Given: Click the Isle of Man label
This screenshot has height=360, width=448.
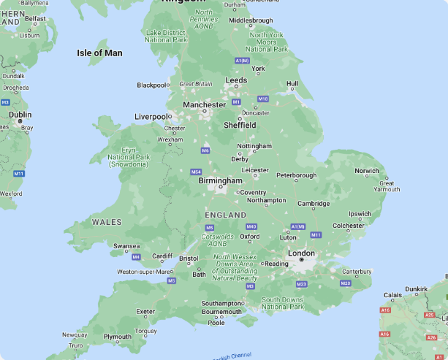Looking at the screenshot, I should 99,53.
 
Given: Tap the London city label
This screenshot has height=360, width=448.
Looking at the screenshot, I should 301,253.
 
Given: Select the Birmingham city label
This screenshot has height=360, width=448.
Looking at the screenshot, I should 220,180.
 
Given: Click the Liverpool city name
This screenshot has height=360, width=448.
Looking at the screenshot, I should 151,117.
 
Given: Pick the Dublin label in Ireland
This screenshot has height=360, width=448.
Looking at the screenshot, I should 20,115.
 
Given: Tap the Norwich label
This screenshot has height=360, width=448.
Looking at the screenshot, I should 367,171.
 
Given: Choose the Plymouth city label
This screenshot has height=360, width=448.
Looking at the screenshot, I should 117,337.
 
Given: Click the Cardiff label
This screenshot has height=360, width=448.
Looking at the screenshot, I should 162,256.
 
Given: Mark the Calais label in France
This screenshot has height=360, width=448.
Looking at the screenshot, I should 392,295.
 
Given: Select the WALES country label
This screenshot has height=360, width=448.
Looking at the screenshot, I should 107,221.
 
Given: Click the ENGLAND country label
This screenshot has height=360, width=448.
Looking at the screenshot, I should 226,215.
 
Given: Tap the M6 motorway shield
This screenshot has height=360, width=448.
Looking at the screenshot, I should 205,150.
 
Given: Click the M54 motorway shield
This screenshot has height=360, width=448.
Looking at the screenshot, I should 196,172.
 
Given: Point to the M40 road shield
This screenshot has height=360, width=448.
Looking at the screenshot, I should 251,226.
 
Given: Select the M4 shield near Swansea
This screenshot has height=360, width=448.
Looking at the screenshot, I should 136,257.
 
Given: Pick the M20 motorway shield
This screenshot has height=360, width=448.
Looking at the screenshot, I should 346,283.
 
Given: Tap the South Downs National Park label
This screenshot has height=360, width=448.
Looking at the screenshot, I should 283,303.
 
